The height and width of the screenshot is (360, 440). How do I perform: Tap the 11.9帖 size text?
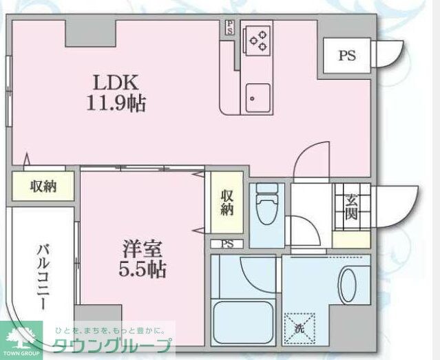116,104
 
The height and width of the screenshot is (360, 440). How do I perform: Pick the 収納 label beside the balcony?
43,187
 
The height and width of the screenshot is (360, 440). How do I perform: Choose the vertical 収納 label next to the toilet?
227,204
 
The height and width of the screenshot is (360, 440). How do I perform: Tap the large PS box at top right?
346,56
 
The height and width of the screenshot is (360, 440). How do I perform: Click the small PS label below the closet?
227,244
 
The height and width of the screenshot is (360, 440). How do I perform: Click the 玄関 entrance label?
351,207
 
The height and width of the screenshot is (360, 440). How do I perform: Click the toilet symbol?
265,203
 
